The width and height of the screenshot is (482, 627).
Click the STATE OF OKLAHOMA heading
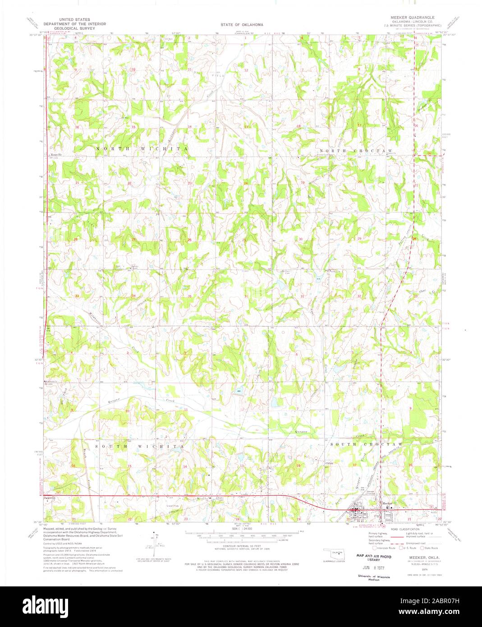[x=242, y=24]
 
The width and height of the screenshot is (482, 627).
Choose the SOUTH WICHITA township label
[x=139, y=446]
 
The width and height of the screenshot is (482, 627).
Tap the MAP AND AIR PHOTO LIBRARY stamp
[x=374, y=558]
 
